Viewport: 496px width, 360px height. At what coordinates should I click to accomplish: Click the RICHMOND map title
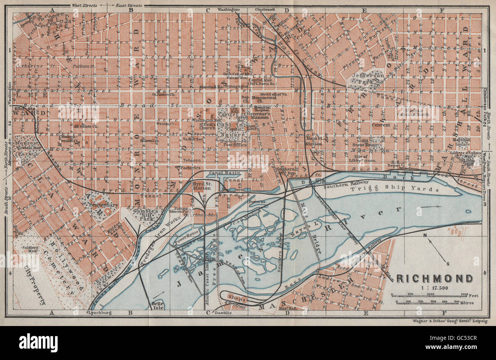pyautogui.click(x=435, y=278)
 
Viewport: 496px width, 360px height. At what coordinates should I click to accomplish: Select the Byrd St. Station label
pyautogui.click(x=202, y=186)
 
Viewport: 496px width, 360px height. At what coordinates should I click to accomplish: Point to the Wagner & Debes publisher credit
pyautogui.click(x=450, y=321)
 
